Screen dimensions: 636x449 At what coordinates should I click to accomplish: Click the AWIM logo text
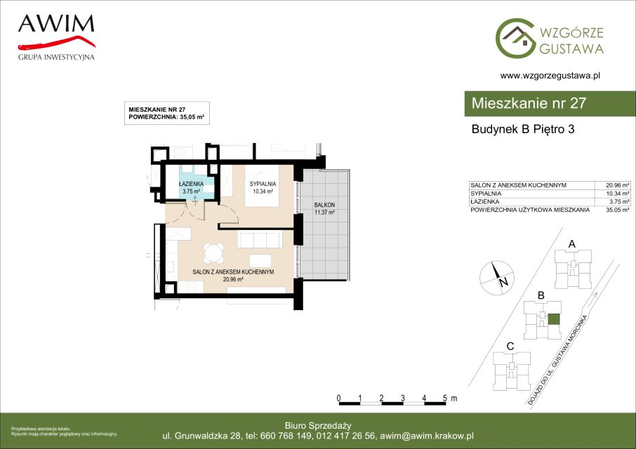point(56,24)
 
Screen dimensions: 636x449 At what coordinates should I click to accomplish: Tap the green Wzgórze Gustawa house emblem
point(515,38)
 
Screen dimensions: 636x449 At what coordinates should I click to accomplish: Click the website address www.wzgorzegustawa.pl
point(550,75)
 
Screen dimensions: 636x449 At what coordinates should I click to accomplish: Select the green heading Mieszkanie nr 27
point(529,103)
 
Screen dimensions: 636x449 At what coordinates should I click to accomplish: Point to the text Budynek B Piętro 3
point(523,129)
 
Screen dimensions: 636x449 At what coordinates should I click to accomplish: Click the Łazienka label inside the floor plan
point(192,184)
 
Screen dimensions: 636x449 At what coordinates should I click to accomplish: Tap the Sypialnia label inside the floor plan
point(263,184)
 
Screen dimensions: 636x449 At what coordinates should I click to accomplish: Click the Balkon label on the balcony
point(324,205)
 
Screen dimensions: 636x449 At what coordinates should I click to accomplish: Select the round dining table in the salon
point(213,253)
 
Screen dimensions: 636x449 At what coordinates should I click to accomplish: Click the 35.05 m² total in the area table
point(618,210)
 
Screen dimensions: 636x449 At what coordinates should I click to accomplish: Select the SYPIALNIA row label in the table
point(486,194)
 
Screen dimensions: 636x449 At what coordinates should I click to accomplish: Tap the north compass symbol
point(497,278)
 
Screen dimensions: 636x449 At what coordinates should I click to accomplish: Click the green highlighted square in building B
point(554,319)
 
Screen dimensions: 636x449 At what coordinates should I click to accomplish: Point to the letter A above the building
point(572,244)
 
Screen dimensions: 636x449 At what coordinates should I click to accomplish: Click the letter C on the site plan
point(510,347)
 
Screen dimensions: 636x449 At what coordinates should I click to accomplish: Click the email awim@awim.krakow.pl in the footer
point(427,436)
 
